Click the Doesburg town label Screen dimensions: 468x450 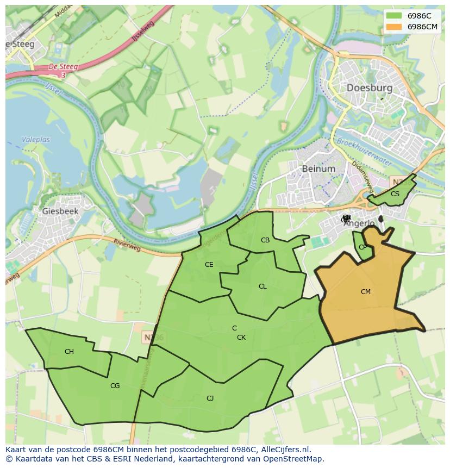point(369,88)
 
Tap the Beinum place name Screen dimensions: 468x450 point(318,169)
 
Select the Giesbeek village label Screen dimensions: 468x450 point(60,211)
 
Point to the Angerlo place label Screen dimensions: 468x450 point(360,223)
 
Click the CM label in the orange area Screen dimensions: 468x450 point(366,292)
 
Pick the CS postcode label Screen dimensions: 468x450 point(395,194)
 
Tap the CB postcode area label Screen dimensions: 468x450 point(265,240)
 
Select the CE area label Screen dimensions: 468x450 point(209,265)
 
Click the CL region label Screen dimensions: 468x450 point(262,286)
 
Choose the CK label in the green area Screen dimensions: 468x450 point(241,338)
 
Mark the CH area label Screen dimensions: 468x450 point(69,352)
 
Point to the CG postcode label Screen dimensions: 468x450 point(115,386)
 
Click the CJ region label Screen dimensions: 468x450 point(210,398)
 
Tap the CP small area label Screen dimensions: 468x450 point(362,247)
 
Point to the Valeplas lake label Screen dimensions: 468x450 point(36,140)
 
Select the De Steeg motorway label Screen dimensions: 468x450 point(63,67)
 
